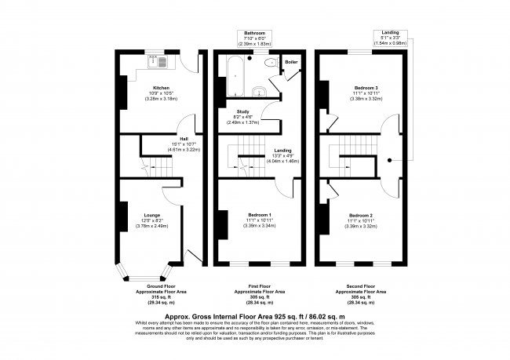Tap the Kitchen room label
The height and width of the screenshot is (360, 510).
pyautogui.click(x=161, y=87)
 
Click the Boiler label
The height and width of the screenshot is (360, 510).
pyautogui.click(x=290, y=60)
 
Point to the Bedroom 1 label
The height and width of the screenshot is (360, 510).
pyautogui.click(x=259, y=215)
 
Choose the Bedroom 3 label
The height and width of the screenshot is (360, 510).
pyautogui.click(x=365, y=87)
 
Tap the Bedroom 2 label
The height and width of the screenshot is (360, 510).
pyautogui.click(x=360, y=215)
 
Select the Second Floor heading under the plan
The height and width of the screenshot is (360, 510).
pyautogui.click(x=362, y=288)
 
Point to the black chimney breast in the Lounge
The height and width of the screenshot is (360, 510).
pyautogui.click(x=122, y=214)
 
